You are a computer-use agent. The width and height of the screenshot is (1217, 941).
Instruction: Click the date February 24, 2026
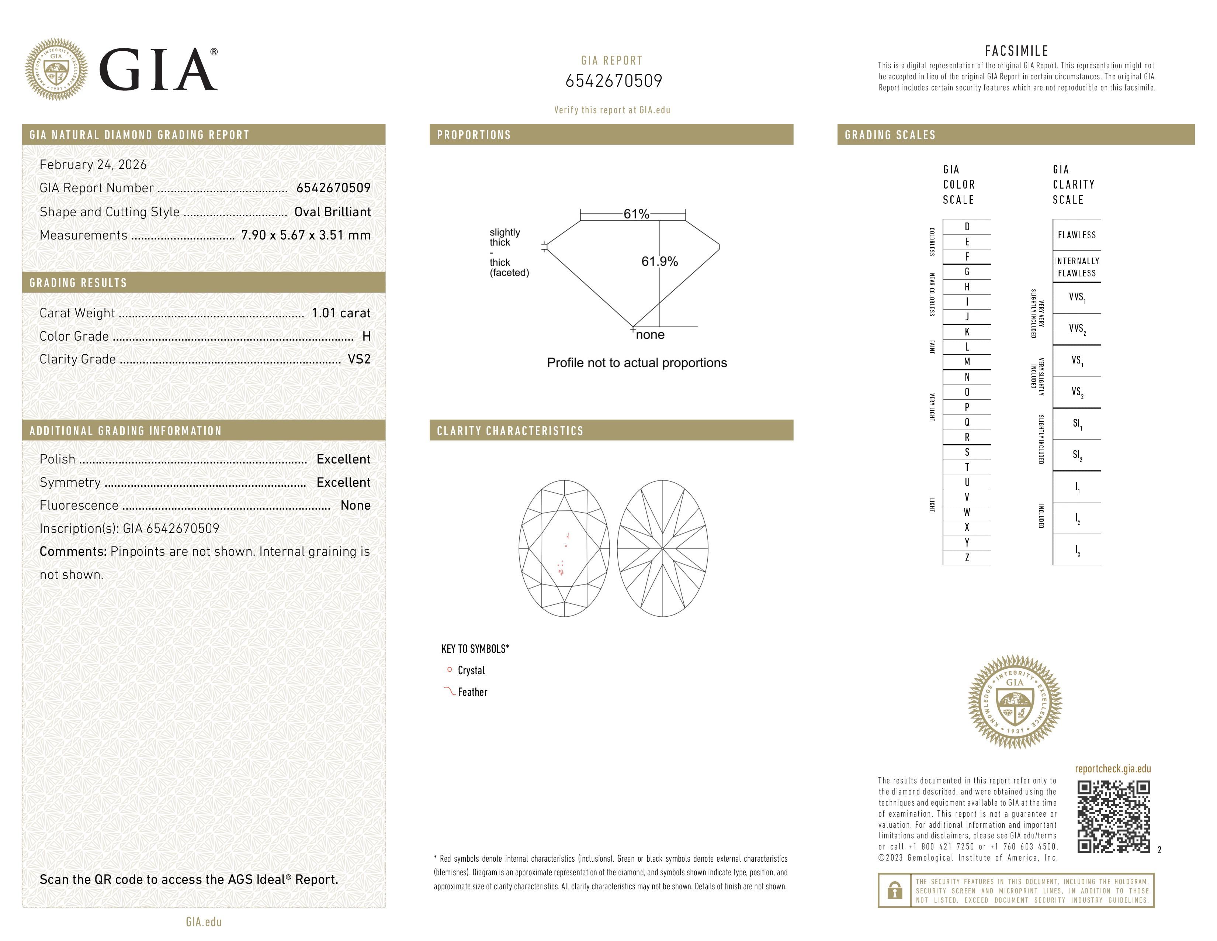(93, 165)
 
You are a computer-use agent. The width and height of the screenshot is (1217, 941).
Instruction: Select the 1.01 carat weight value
(340, 313)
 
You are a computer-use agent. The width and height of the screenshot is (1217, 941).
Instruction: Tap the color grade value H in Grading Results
(366, 336)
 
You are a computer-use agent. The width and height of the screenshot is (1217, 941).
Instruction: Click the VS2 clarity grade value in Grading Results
(359, 359)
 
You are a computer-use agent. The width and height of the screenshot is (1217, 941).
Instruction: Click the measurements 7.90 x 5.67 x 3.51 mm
(305, 235)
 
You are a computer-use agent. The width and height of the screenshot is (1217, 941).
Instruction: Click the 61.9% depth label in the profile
(659, 262)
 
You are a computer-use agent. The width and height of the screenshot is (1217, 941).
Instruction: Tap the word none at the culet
(650, 335)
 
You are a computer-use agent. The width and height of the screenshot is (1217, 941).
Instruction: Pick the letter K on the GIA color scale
(967, 332)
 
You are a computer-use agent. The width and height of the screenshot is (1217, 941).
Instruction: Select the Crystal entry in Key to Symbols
(471, 671)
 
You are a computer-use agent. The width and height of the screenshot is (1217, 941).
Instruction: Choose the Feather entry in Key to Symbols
(472, 692)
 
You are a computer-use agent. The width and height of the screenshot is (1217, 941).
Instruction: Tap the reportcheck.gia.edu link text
(1112, 769)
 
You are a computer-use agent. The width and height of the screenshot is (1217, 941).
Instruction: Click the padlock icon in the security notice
(894, 890)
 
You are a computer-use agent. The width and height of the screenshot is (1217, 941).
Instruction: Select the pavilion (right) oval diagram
(663, 548)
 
